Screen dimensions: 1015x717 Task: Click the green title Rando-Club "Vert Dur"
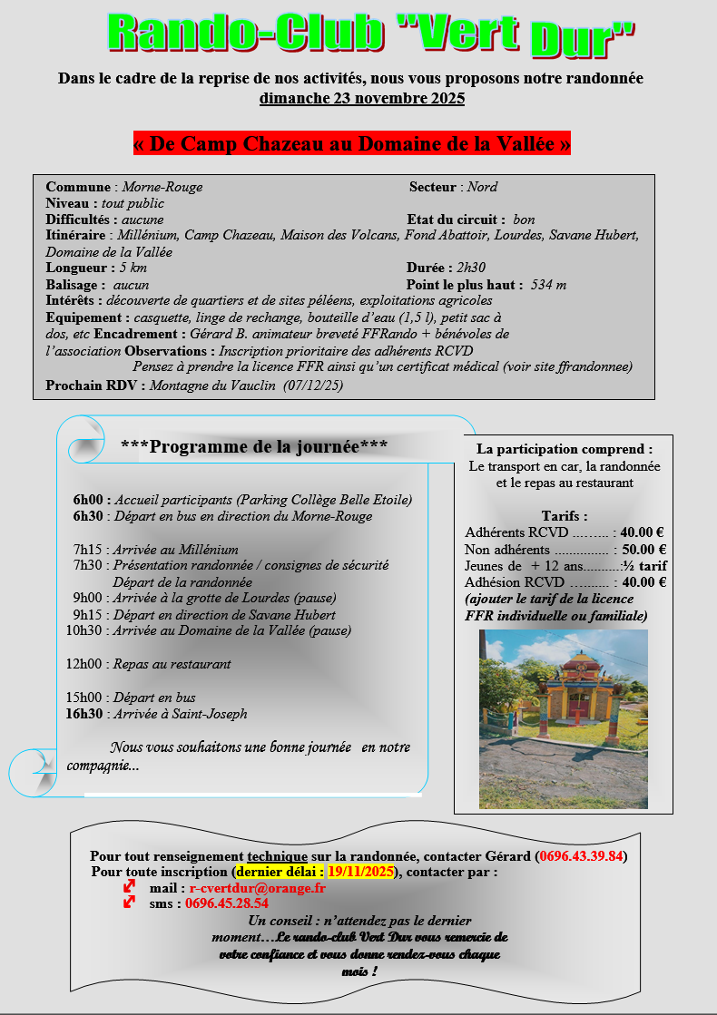click(x=370, y=34)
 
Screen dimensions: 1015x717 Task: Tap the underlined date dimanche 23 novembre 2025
click(x=361, y=98)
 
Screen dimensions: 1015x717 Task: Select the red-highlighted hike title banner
click(x=351, y=143)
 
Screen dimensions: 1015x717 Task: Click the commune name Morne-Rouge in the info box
click(x=162, y=187)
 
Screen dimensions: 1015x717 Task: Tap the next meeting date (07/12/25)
click(x=313, y=385)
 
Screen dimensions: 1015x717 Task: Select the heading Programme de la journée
click(x=254, y=446)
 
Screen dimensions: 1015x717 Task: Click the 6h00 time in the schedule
click(x=91, y=500)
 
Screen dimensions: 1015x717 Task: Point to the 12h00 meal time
click(x=85, y=664)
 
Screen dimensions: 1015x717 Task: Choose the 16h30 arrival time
click(x=85, y=714)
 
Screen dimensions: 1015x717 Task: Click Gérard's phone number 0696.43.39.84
click(x=581, y=856)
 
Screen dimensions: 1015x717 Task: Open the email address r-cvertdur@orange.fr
click(x=257, y=888)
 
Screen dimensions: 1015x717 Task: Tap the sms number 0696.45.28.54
click(x=226, y=903)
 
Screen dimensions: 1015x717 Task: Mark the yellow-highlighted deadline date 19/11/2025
click(x=360, y=872)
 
